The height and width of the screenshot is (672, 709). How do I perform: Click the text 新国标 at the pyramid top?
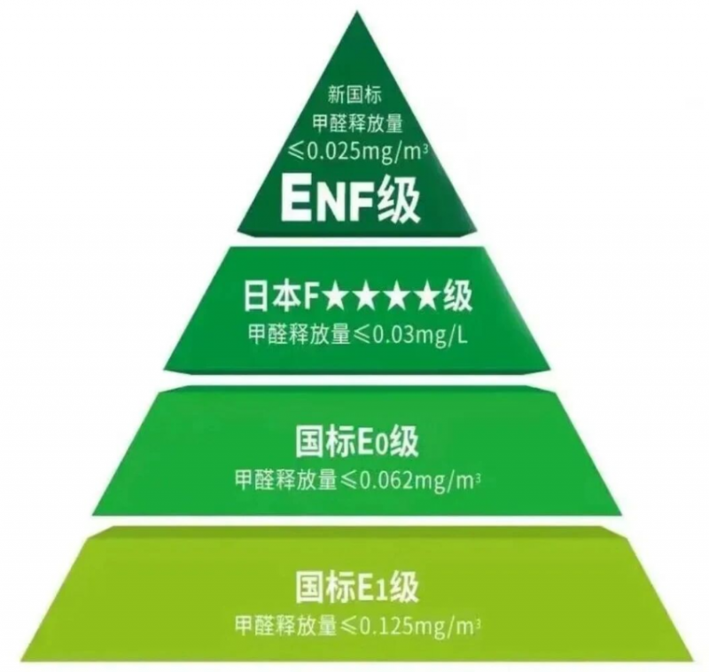(x=355, y=96)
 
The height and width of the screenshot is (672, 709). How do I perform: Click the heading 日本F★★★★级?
(x=358, y=296)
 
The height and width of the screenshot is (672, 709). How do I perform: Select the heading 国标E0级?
(x=357, y=441)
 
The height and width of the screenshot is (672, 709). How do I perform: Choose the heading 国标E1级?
(x=357, y=587)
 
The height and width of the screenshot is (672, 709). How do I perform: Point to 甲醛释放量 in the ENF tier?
(x=358, y=124)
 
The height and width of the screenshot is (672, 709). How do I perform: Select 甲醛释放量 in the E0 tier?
(x=286, y=480)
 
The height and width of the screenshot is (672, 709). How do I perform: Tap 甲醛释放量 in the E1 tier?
(x=286, y=625)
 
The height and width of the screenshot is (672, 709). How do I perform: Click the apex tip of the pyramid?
(x=357, y=12)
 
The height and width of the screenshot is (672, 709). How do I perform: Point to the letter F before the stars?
(x=313, y=297)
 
